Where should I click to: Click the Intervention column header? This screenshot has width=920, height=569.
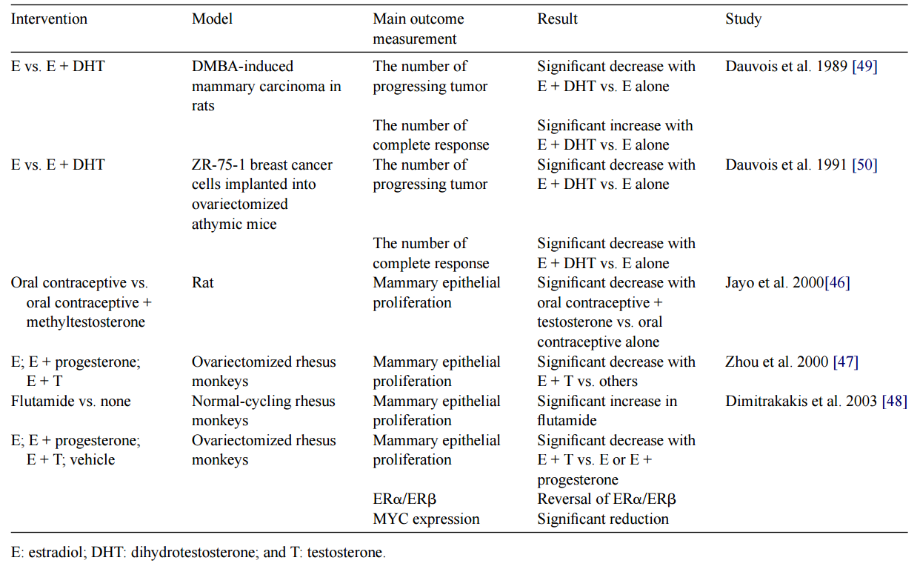tap(49, 19)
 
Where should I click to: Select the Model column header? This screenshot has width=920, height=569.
tap(212, 19)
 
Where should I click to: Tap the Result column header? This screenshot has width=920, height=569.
tap(558, 19)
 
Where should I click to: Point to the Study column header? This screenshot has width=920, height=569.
tap(743, 19)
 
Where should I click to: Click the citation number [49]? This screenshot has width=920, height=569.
tap(864, 67)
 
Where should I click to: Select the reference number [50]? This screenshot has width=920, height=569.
tap(864, 165)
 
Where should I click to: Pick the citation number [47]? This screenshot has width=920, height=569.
tap(845, 362)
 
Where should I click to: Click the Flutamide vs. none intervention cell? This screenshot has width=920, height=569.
tap(70, 402)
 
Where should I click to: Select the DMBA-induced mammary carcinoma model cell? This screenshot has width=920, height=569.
tap(266, 86)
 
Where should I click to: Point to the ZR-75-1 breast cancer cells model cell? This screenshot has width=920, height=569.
tap(261, 194)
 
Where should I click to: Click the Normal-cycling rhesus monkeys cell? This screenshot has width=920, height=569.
tap(263, 411)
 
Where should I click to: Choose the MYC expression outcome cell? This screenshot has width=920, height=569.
tap(426, 519)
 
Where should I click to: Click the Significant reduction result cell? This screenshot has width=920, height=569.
tap(603, 519)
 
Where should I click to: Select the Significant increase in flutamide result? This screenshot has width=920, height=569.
tap(607, 411)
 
